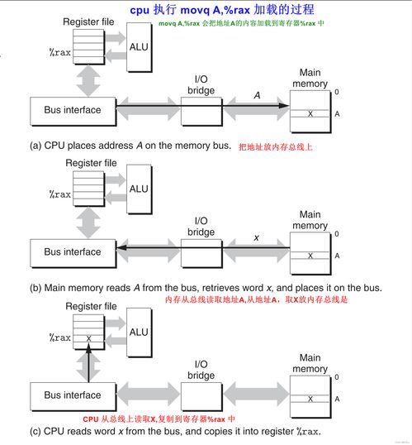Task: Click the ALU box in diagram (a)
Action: (139, 46)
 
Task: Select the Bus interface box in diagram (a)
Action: (72, 109)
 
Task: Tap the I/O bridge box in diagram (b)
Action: (201, 251)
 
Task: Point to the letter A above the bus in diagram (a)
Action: (257, 95)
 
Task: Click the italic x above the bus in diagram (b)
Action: (257, 237)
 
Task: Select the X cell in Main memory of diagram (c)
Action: (310, 399)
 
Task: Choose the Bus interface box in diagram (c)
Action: (72, 395)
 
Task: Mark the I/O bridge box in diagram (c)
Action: (201, 395)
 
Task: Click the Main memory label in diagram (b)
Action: (310, 220)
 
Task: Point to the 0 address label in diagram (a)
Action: (336, 92)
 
